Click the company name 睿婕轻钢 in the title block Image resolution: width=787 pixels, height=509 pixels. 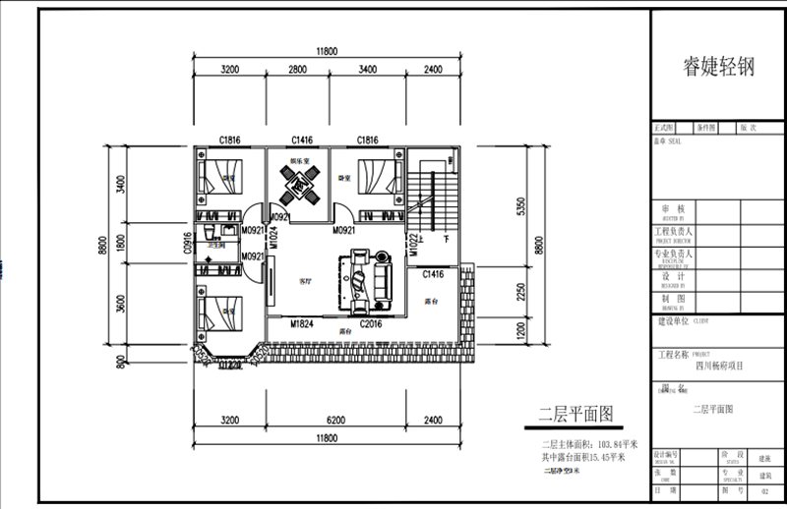point(718,67)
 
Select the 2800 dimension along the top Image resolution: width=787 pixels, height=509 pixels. point(300,70)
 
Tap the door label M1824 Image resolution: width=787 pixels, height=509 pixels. point(302,322)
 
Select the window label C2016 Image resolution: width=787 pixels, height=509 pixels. point(371,322)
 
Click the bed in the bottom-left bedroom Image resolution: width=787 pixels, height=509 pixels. point(217,311)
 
